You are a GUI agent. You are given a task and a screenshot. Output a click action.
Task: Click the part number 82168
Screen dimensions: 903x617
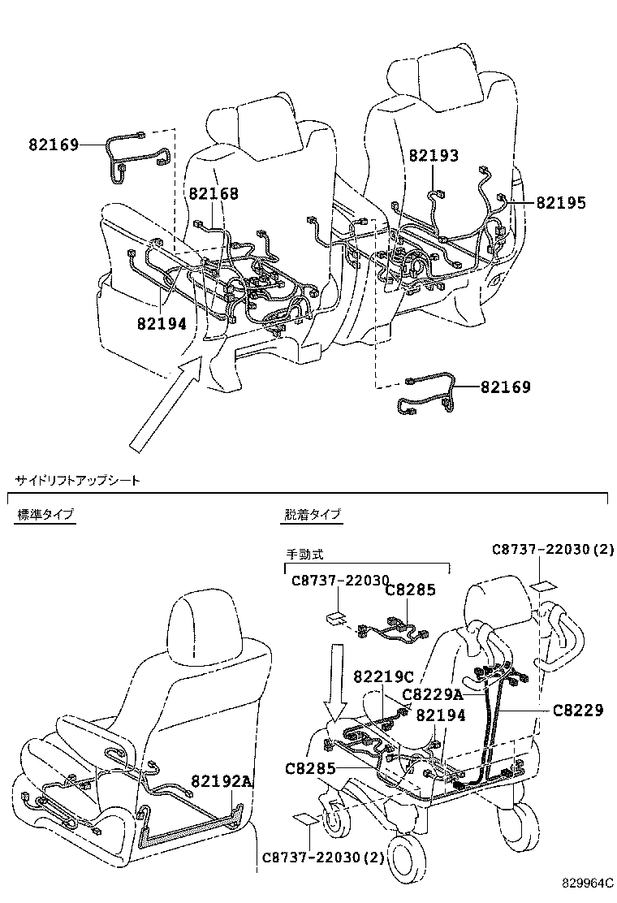coord(214,193)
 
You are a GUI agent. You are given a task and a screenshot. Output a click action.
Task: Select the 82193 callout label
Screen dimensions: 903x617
coord(433,155)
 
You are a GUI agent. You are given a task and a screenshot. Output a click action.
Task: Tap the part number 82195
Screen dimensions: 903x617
coord(561,203)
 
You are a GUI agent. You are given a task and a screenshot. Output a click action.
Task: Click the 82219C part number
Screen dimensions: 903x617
coord(384,677)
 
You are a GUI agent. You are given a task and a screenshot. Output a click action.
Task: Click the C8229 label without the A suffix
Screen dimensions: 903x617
coord(578,710)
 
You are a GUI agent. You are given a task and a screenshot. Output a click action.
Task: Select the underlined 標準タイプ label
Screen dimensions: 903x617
coord(45,514)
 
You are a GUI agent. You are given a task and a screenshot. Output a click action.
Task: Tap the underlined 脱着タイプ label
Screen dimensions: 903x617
coord(313,514)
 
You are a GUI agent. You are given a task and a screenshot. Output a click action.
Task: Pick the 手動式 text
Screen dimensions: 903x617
coord(304,554)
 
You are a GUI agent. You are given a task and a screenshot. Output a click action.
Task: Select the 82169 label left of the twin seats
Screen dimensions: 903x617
coord(54,145)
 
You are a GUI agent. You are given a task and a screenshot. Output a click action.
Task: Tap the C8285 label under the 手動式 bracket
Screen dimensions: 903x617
coord(410,590)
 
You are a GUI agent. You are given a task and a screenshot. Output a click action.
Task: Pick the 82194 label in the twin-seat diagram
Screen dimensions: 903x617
coord(162,322)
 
